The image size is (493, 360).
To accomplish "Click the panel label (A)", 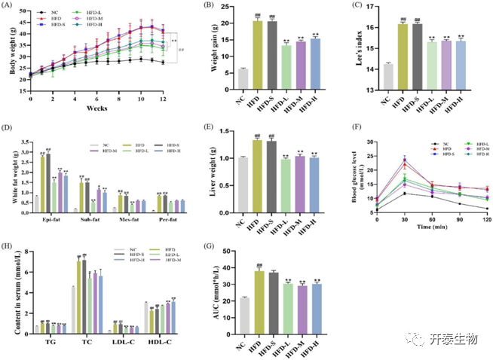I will tap(9, 8).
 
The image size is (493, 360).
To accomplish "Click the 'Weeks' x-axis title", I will tap(95, 108).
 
